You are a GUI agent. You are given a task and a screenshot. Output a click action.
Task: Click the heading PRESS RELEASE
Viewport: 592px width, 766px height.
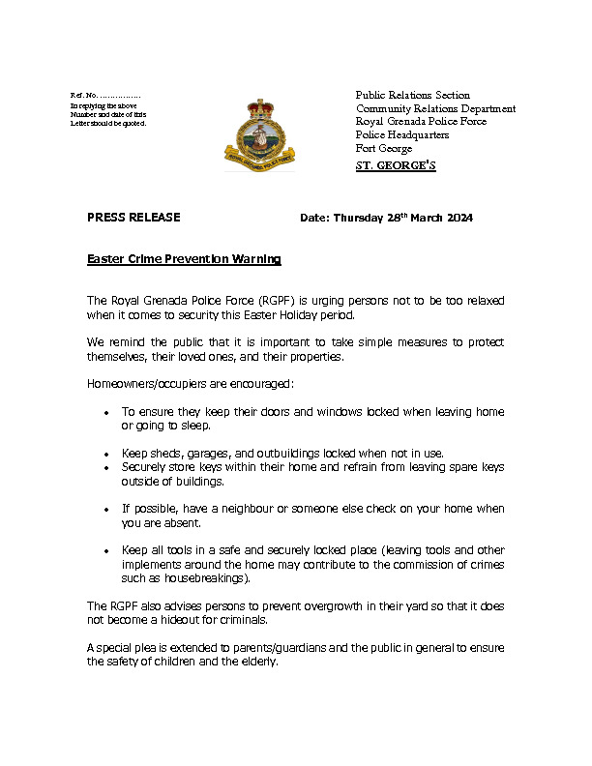[x=133, y=218]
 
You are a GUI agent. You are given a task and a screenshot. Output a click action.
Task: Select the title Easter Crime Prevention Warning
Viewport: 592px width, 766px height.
[x=184, y=259]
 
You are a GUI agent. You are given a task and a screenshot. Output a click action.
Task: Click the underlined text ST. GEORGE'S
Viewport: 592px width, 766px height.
[x=396, y=166]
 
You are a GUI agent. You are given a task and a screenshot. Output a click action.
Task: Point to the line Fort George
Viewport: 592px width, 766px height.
[x=384, y=149]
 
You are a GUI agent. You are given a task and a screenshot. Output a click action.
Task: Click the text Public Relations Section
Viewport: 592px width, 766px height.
[x=413, y=95]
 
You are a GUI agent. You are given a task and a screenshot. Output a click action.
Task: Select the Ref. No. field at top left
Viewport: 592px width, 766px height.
[x=106, y=95]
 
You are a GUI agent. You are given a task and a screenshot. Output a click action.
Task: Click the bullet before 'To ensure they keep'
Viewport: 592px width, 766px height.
[x=105, y=413]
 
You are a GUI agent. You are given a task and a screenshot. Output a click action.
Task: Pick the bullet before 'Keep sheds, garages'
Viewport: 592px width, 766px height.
[x=105, y=454]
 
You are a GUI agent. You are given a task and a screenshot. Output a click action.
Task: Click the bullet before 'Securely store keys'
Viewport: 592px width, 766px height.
[x=105, y=467]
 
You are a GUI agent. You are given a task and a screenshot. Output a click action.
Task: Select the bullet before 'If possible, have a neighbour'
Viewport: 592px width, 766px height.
[x=105, y=509]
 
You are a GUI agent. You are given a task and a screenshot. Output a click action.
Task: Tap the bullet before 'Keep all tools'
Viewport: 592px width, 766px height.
[x=105, y=550]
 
